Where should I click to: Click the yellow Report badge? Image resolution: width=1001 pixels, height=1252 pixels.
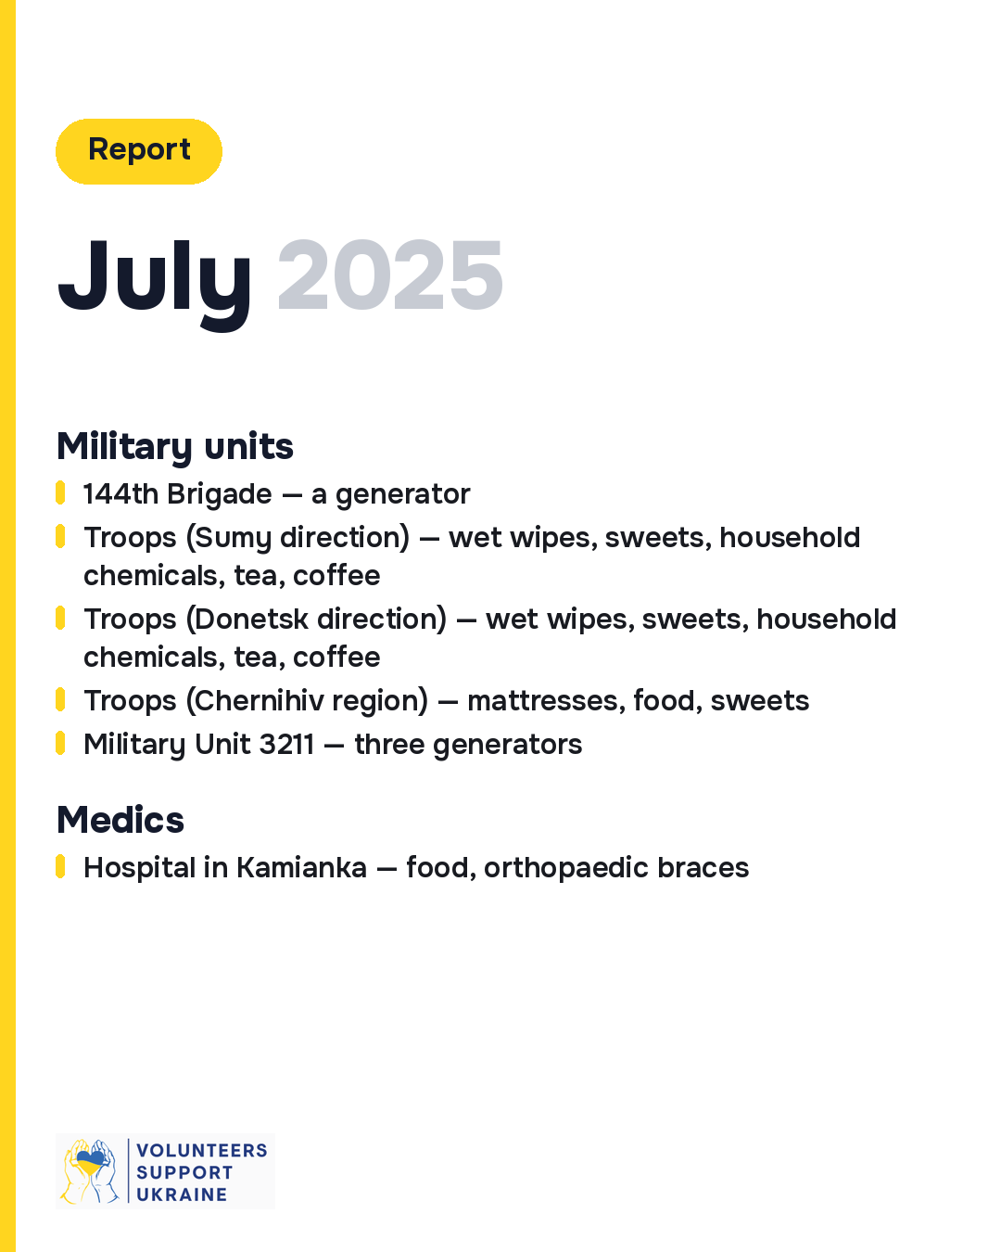138,151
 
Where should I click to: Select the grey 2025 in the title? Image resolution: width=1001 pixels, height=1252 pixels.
389,275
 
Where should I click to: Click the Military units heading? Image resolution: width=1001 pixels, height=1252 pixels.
174,447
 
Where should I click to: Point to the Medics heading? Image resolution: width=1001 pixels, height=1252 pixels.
120,820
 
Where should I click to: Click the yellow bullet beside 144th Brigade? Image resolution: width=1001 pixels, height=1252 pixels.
60,492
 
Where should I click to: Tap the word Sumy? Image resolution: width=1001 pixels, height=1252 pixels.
233,538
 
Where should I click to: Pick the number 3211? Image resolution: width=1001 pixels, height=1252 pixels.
286,745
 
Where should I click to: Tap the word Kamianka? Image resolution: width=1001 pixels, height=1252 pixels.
301,867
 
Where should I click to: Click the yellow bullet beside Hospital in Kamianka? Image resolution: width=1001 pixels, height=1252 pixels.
60,866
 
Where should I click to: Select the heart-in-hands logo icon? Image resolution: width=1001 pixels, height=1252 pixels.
90,1171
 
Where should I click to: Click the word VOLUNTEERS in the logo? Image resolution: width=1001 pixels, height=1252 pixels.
202,1151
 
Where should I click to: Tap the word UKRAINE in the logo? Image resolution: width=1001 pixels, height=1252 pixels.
182,1195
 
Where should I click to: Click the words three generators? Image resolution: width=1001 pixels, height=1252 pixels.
468,746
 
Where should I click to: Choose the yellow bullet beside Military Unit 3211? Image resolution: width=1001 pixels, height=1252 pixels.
60,743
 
